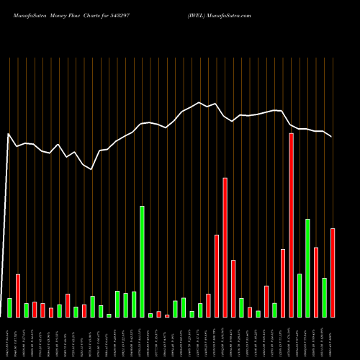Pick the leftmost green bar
pyautogui.click(x=9, y=308)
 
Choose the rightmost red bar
pyautogui.click(x=333, y=273)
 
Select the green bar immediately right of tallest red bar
pyautogui.click(x=300, y=296)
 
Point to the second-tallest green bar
pyautogui.click(x=307, y=269)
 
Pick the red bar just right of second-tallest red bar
pyautogui.click(x=233, y=289)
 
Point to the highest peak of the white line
pyautogui.click(x=199, y=102)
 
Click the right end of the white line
pyautogui.click(x=332, y=137)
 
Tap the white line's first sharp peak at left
pyautogui.click(x=9, y=134)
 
